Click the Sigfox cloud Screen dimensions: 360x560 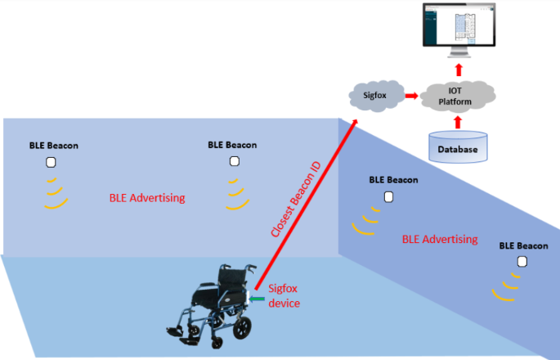[x=379, y=96]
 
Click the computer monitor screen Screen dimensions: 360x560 [x=459, y=24]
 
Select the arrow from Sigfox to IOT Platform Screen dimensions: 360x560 [x=417, y=96]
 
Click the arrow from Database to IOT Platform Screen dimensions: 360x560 [x=458, y=121]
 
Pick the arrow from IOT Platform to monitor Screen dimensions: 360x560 [x=459, y=69]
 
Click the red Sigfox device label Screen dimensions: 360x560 [x=284, y=295]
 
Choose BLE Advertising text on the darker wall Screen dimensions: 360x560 [x=440, y=239]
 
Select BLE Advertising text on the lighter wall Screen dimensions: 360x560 [x=147, y=198]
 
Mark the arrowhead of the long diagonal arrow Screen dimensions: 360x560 [x=356, y=124]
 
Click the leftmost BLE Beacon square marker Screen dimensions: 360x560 [x=51, y=162]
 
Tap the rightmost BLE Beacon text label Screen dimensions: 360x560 [x=523, y=245]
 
